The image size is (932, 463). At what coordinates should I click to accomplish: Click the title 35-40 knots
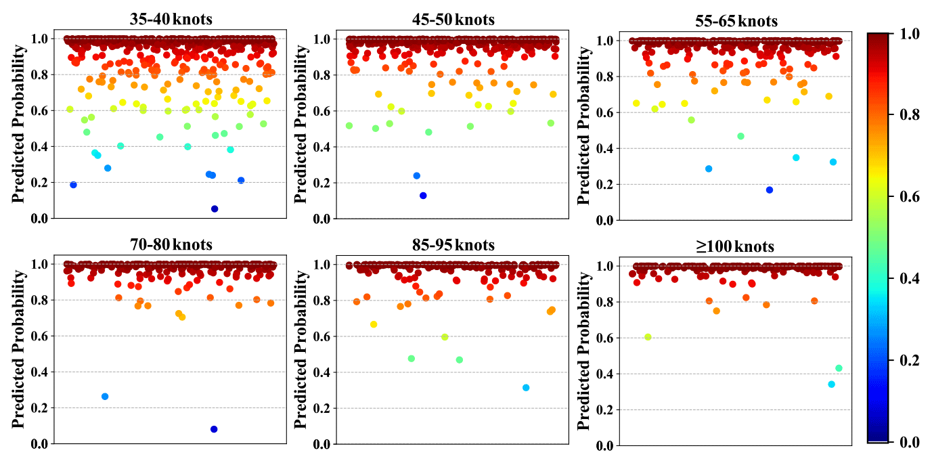point(171,19)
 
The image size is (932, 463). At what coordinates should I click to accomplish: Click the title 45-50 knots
point(453,19)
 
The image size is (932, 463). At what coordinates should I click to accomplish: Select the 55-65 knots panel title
point(736,21)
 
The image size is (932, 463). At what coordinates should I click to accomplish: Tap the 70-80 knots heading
point(171,244)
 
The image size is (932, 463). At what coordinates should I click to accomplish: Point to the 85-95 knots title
point(453,244)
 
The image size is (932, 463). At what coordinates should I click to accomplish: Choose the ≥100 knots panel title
point(736,246)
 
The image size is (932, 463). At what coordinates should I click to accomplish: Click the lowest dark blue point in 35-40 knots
point(215,208)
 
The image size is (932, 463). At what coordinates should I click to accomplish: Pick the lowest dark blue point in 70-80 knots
point(214,429)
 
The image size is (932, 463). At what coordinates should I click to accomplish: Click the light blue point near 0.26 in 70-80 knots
point(105,397)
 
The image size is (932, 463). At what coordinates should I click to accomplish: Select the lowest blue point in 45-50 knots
point(423,196)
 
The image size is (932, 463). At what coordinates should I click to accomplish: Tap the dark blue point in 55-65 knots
point(770,190)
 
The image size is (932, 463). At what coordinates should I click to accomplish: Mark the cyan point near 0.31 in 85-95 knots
point(526,388)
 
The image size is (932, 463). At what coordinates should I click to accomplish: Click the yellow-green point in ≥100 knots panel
point(648,337)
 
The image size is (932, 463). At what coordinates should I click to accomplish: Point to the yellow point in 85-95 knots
point(374,324)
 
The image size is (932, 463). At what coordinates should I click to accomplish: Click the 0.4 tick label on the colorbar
point(910,278)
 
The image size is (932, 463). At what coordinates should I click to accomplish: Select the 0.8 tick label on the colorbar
point(910,115)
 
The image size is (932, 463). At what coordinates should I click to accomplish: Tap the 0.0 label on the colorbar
point(910,442)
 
